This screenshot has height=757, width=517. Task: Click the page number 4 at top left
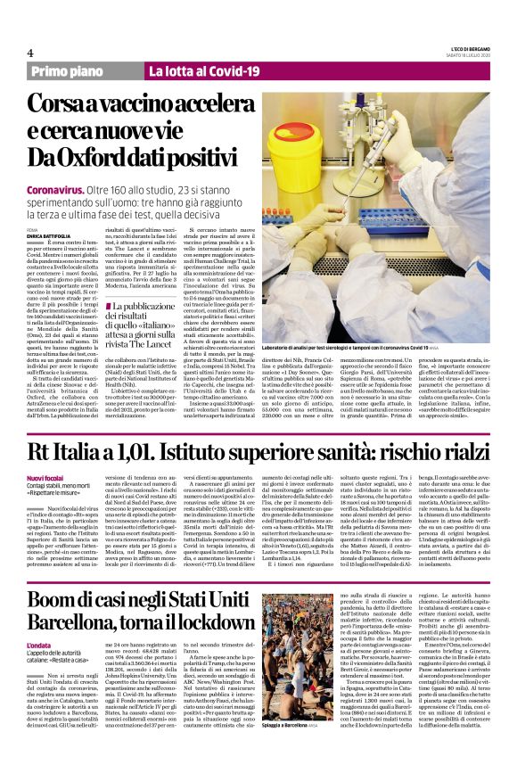click(30, 53)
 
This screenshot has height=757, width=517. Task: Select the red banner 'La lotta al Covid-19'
click(204, 71)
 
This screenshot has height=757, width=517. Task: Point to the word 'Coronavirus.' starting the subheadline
click(62, 191)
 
